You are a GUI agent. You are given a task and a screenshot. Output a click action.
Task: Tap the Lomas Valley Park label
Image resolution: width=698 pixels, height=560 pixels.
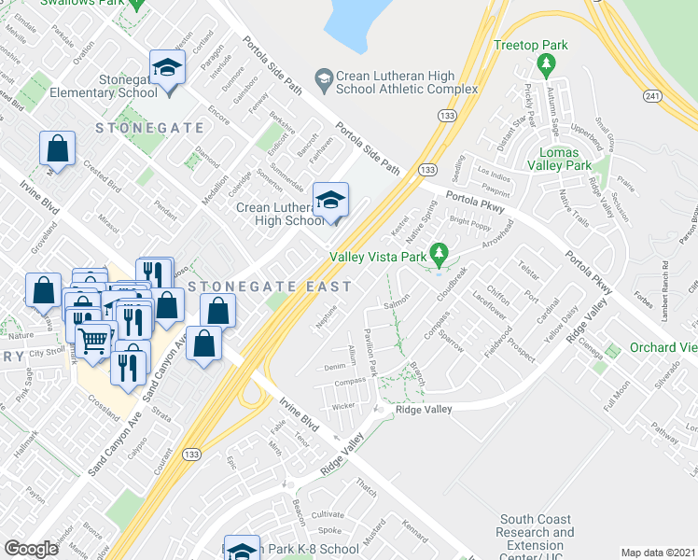565,159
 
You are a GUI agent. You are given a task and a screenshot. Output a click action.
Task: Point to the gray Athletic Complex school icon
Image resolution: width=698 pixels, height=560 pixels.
324,78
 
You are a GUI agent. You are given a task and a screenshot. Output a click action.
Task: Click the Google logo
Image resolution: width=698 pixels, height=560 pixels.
31,548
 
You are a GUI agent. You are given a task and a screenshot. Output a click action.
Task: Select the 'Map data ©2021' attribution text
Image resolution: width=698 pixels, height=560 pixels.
658,553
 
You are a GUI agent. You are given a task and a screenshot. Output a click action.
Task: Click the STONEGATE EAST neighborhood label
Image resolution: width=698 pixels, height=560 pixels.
270,287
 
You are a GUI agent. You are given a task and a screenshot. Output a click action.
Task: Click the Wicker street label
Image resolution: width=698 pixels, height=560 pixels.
343,406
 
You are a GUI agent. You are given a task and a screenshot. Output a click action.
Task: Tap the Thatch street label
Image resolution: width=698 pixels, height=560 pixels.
365,486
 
